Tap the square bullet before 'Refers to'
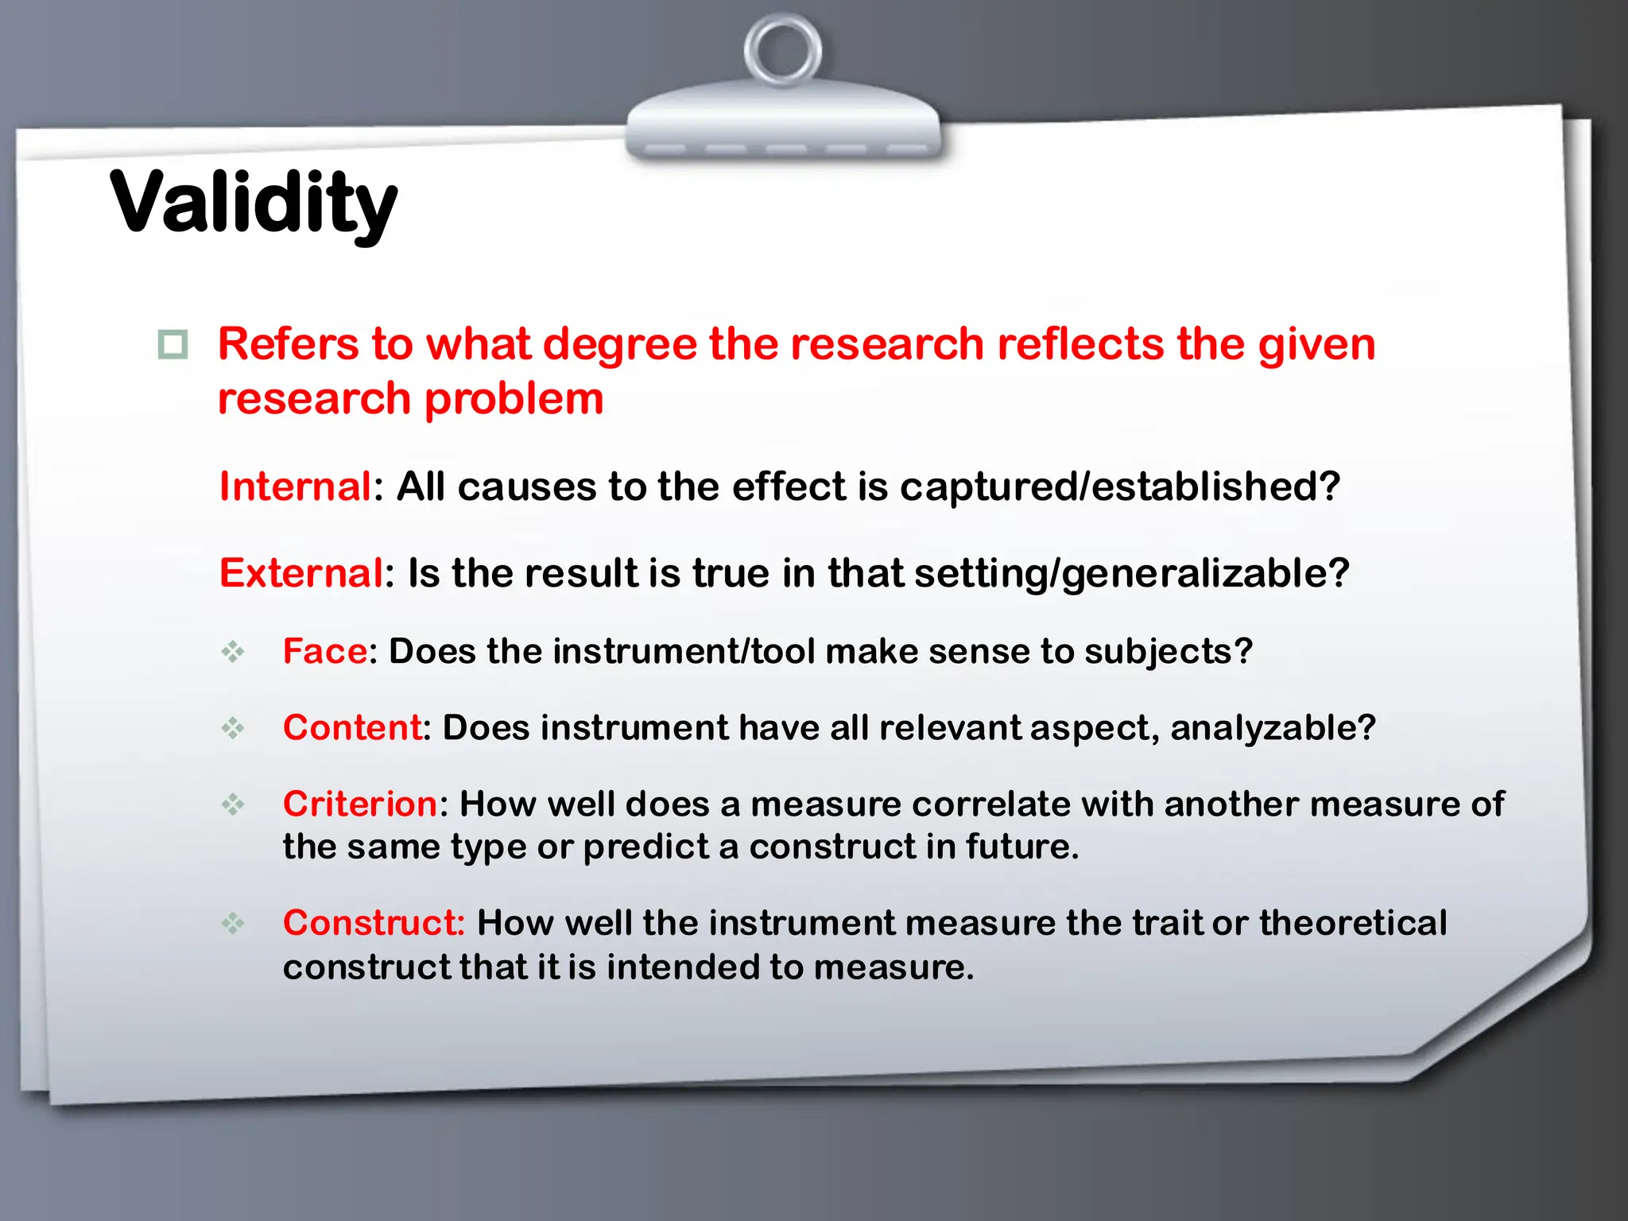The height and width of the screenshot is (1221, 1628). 172,345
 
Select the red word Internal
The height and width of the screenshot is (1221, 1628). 295,486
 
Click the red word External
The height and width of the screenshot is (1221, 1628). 301,573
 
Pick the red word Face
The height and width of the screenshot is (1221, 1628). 325,651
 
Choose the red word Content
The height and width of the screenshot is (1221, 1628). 352,727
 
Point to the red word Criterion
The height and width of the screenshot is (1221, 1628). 359,804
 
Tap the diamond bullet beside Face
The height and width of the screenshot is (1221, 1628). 233,652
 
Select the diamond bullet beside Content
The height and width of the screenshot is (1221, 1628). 233,727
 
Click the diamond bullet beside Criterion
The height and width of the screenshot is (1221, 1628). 233,804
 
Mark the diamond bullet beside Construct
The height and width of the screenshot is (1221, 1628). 233,923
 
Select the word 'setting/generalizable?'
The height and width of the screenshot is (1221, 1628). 1132,573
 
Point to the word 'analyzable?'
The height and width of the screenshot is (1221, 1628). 1273,727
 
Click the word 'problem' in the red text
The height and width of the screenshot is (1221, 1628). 514,399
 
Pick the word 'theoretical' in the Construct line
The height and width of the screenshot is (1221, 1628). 1352,923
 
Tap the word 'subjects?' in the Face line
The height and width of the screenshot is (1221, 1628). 1168,651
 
